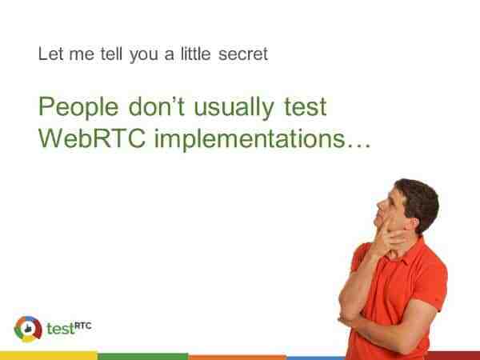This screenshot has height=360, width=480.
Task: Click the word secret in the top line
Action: point(243,54)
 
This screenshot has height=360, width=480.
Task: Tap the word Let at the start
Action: point(51,54)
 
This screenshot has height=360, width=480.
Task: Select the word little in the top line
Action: point(196,54)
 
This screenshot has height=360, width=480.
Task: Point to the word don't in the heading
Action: point(157,106)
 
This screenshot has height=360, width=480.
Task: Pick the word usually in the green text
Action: point(234,108)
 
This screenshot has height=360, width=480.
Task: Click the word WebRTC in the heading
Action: point(92,138)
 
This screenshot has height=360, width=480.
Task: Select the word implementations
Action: point(250,140)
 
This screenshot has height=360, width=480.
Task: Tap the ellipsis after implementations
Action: point(358,146)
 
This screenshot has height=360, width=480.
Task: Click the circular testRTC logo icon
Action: point(28,329)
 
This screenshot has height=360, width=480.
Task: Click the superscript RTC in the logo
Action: point(83,326)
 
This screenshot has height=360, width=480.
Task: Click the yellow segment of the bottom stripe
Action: point(49,356)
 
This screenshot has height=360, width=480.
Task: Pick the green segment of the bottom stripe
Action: point(142,356)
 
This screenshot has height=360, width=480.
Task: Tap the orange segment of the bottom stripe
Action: point(238,358)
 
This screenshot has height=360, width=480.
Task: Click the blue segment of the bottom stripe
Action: point(316,358)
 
